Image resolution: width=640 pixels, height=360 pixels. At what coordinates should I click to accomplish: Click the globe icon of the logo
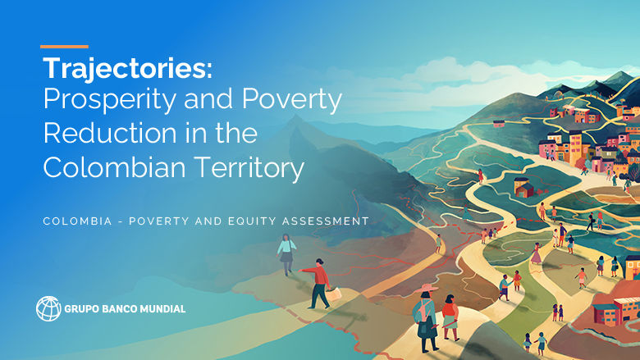pyautogui.click(x=48, y=308)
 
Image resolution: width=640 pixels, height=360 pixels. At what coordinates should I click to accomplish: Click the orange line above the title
pyautogui.click(x=64, y=47)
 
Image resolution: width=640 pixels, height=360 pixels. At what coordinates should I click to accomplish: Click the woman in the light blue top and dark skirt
pyautogui.click(x=286, y=253)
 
